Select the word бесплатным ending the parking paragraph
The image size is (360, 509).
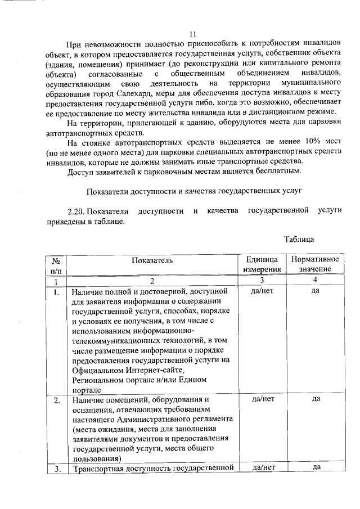(x=276, y=170)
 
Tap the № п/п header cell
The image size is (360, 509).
(x=56, y=265)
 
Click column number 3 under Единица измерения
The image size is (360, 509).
(x=262, y=280)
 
